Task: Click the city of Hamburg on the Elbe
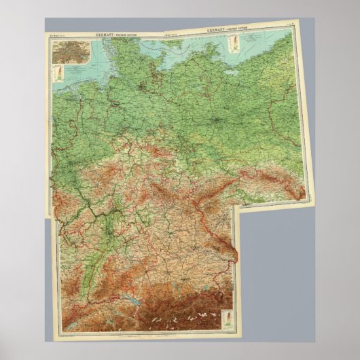[139, 88]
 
